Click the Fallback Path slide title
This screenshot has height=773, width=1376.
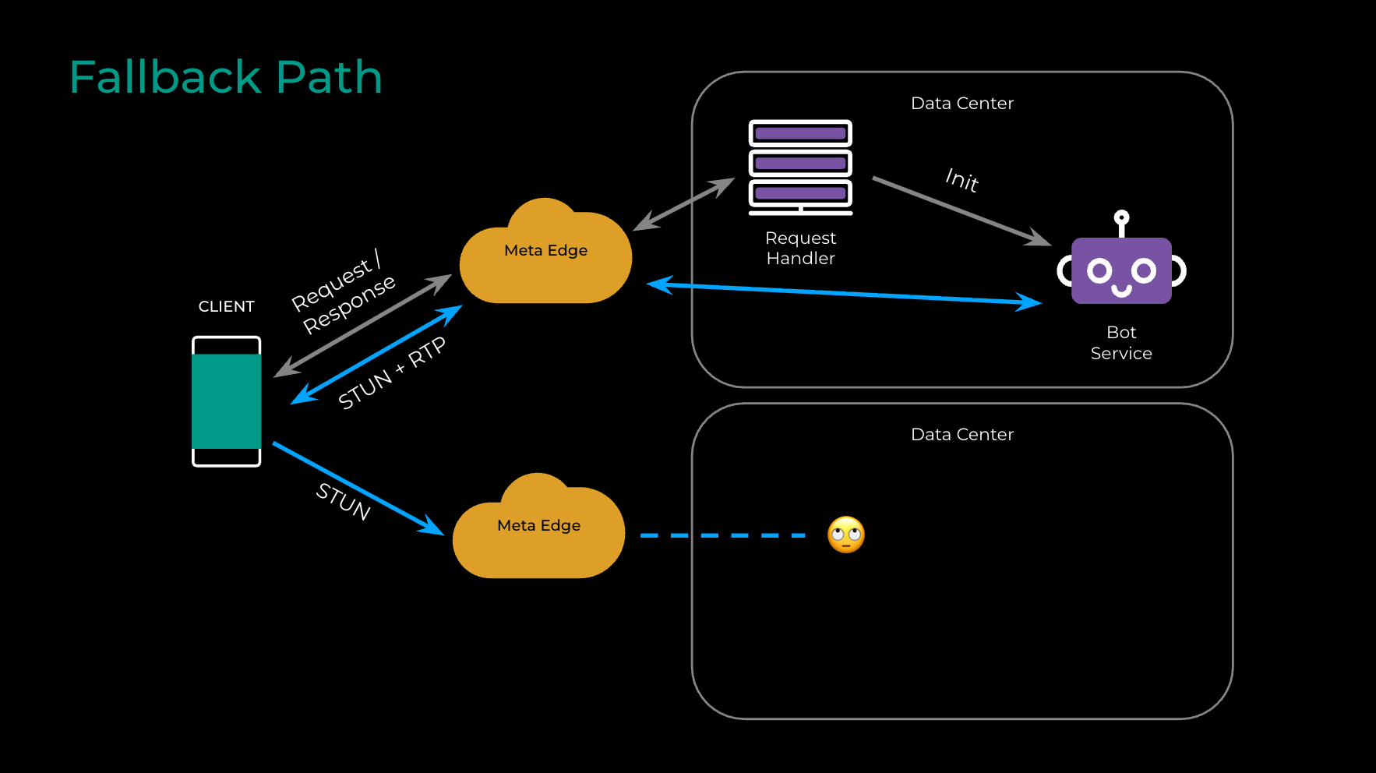226,77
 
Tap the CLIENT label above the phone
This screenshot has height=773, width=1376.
226,306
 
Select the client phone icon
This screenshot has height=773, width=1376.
227,401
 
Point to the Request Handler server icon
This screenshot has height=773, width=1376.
800,166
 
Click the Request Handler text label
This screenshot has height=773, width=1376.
800,248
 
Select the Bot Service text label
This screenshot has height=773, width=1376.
1121,343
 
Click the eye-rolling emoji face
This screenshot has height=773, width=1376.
846,535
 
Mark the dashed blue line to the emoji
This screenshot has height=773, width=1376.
722,535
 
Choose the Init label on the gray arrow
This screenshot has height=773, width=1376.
962,180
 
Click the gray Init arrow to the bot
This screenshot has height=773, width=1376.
958,210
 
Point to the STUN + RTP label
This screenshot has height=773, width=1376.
392,372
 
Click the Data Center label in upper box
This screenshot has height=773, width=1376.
962,104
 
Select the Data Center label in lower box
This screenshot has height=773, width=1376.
962,435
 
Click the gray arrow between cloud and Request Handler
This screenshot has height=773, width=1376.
683,204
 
